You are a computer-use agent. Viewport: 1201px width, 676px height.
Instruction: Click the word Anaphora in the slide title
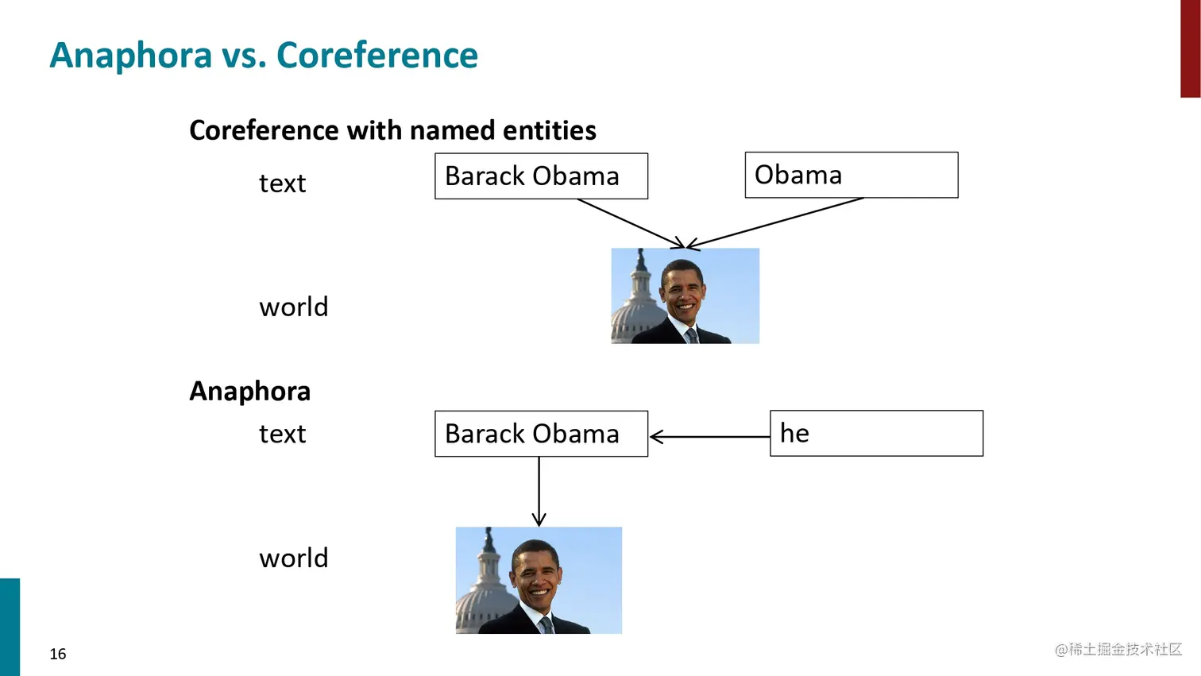tap(131, 56)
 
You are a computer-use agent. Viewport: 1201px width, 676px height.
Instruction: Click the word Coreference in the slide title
tap(377, 55)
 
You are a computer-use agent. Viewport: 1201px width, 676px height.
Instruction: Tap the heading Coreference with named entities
tap(392, 130)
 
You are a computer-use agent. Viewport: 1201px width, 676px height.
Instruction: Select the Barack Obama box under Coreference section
tap(541, 176)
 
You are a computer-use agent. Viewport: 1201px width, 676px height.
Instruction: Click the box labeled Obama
tap(852, 175)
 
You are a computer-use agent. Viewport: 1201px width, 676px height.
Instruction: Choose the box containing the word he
tap(877, 433)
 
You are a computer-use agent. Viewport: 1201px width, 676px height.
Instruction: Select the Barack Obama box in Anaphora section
tap(541, 434)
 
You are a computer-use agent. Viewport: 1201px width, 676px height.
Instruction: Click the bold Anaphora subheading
tap(250, 391)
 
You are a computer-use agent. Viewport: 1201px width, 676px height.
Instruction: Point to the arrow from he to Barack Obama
tap(710, 437)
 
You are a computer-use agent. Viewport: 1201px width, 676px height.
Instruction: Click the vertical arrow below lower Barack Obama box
tap(539, 492)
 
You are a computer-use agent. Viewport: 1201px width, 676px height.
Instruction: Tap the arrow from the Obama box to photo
tap(775, 223)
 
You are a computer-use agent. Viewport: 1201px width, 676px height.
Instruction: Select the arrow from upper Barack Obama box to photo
tap(631, 223)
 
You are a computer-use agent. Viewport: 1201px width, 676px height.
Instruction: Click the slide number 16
tap(58, 654)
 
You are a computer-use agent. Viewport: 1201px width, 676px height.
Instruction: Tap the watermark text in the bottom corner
tap(1118, 649)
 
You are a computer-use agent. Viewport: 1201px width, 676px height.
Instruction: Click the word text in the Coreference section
tap(283, 183)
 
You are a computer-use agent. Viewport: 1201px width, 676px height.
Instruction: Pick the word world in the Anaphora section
tap(294, 558)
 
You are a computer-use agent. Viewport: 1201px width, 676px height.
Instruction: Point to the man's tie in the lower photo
tap(546, 625)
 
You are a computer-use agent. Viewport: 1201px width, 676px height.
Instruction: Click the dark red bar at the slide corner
tap(1190, 48)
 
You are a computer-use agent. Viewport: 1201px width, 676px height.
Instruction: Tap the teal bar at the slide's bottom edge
tap(10, 628)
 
